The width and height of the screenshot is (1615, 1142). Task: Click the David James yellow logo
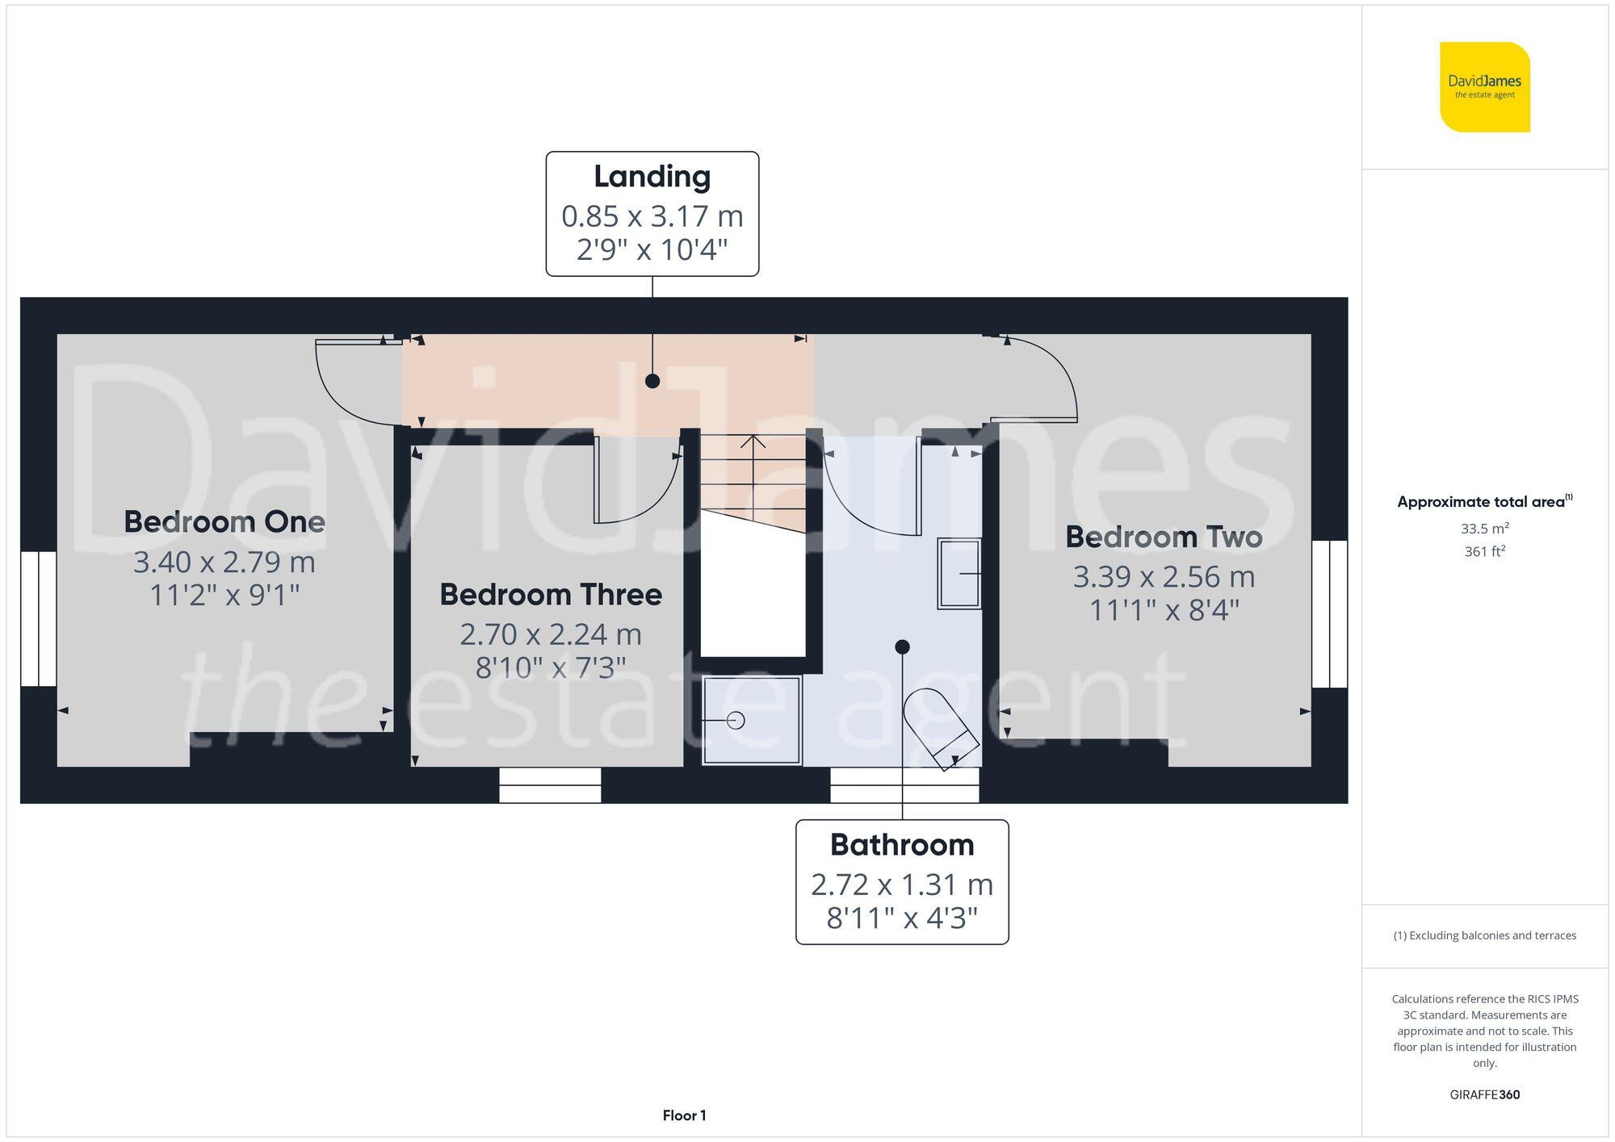tap(1484, 87)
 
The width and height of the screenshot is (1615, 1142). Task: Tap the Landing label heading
tap(652, 177)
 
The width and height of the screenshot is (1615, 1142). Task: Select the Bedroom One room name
tap(224, 522)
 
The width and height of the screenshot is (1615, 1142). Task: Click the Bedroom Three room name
tap(551, 595)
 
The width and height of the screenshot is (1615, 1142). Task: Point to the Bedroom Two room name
tap(1163, 538)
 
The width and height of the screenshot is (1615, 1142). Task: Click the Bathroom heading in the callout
tap(901, 845)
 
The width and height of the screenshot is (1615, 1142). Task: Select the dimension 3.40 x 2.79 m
tap(224, 563)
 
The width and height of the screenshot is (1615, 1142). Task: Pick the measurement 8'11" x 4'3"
tap(901, 918)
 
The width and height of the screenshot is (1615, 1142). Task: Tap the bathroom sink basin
tap(959, 573)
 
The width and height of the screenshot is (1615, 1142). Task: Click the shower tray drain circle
tap(736, 720)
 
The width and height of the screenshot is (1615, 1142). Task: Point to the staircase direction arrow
tap(753, 442)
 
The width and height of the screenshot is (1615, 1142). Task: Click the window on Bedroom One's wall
tap(38, 619)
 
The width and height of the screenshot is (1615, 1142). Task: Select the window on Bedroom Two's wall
tap(1329, 614)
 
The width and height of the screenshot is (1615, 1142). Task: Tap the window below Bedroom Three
tap(550, 784)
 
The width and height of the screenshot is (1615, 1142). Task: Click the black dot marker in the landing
tap(652, 381)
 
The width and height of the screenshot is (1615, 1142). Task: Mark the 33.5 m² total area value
tap(1484, 529)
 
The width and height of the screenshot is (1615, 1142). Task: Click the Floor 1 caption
tap(684, 1115)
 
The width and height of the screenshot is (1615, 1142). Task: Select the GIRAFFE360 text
tap(1484, 1095)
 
